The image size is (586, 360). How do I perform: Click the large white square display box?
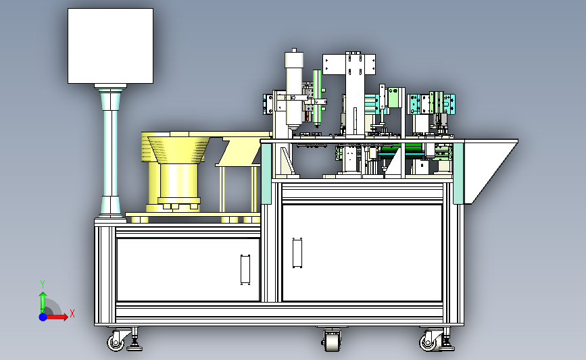[110, 46]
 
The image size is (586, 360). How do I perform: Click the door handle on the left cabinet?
[245, 269]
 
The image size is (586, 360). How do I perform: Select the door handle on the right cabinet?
[297, 253]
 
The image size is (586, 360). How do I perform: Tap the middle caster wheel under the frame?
[332, 340]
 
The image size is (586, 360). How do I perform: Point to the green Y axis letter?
[43, 284]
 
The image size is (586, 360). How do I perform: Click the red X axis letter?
[72, 313]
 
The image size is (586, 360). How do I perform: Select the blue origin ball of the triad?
[43, 317]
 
